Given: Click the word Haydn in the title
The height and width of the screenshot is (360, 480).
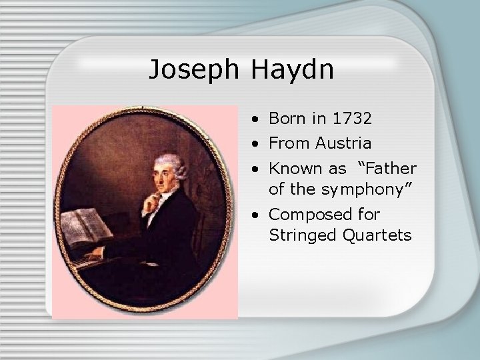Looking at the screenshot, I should pyautogui.click(x=293, y=70).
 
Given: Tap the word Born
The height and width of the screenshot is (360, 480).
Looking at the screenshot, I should pyautogui.click(x=287, y=119).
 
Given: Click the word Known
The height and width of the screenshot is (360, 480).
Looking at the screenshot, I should pyautogui.click(x=292, y=169).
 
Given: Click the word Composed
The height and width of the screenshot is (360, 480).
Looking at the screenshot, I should pyautogui.click(x=303, y=215).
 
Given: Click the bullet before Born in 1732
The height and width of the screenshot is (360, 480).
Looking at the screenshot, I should pyautogui.click(x=257, y=119).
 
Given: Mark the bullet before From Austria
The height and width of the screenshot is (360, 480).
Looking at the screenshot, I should pyautogui.click(x=257, y=144).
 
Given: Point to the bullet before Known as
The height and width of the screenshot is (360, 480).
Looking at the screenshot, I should pyautogui.click(x=257, y=170).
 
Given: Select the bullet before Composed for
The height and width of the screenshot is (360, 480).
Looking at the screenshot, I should pyautogui.click(x=257, y=215).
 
